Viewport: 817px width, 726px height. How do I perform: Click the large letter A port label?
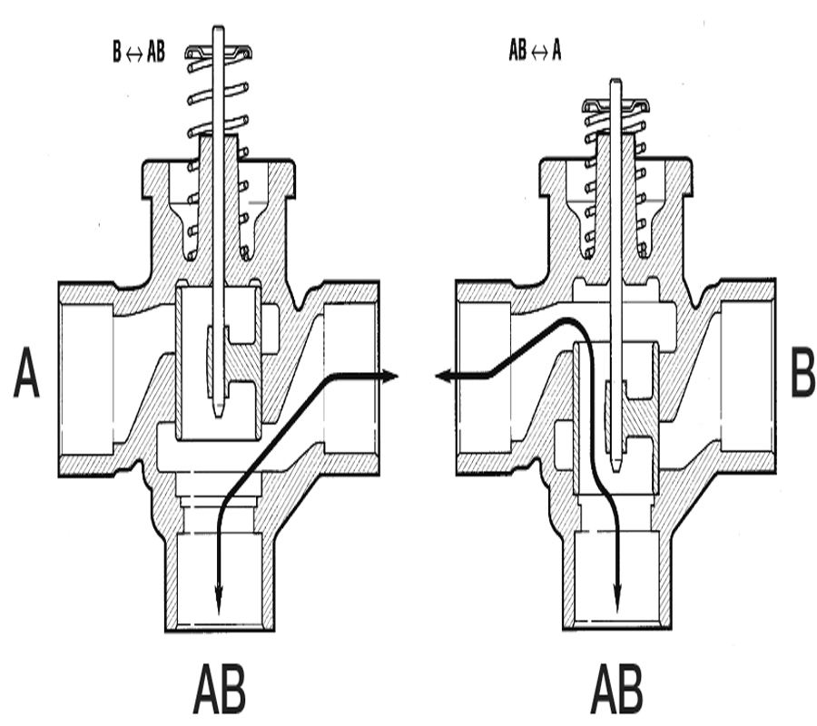click(x=26, y=373)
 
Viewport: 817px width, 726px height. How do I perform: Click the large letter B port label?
click(x=803, y=372)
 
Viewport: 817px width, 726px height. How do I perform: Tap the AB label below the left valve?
click(x=220, y=689)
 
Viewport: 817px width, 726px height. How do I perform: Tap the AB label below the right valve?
click(x=617, y=689)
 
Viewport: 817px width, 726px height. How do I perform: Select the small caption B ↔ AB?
click(x=139, y=52)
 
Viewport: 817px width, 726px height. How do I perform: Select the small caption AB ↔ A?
click(x=535, y=51)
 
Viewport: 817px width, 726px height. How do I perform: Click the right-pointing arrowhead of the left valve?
click(x=390, y=376)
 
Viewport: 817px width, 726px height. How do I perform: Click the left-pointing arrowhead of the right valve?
click(x=443, y=375)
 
